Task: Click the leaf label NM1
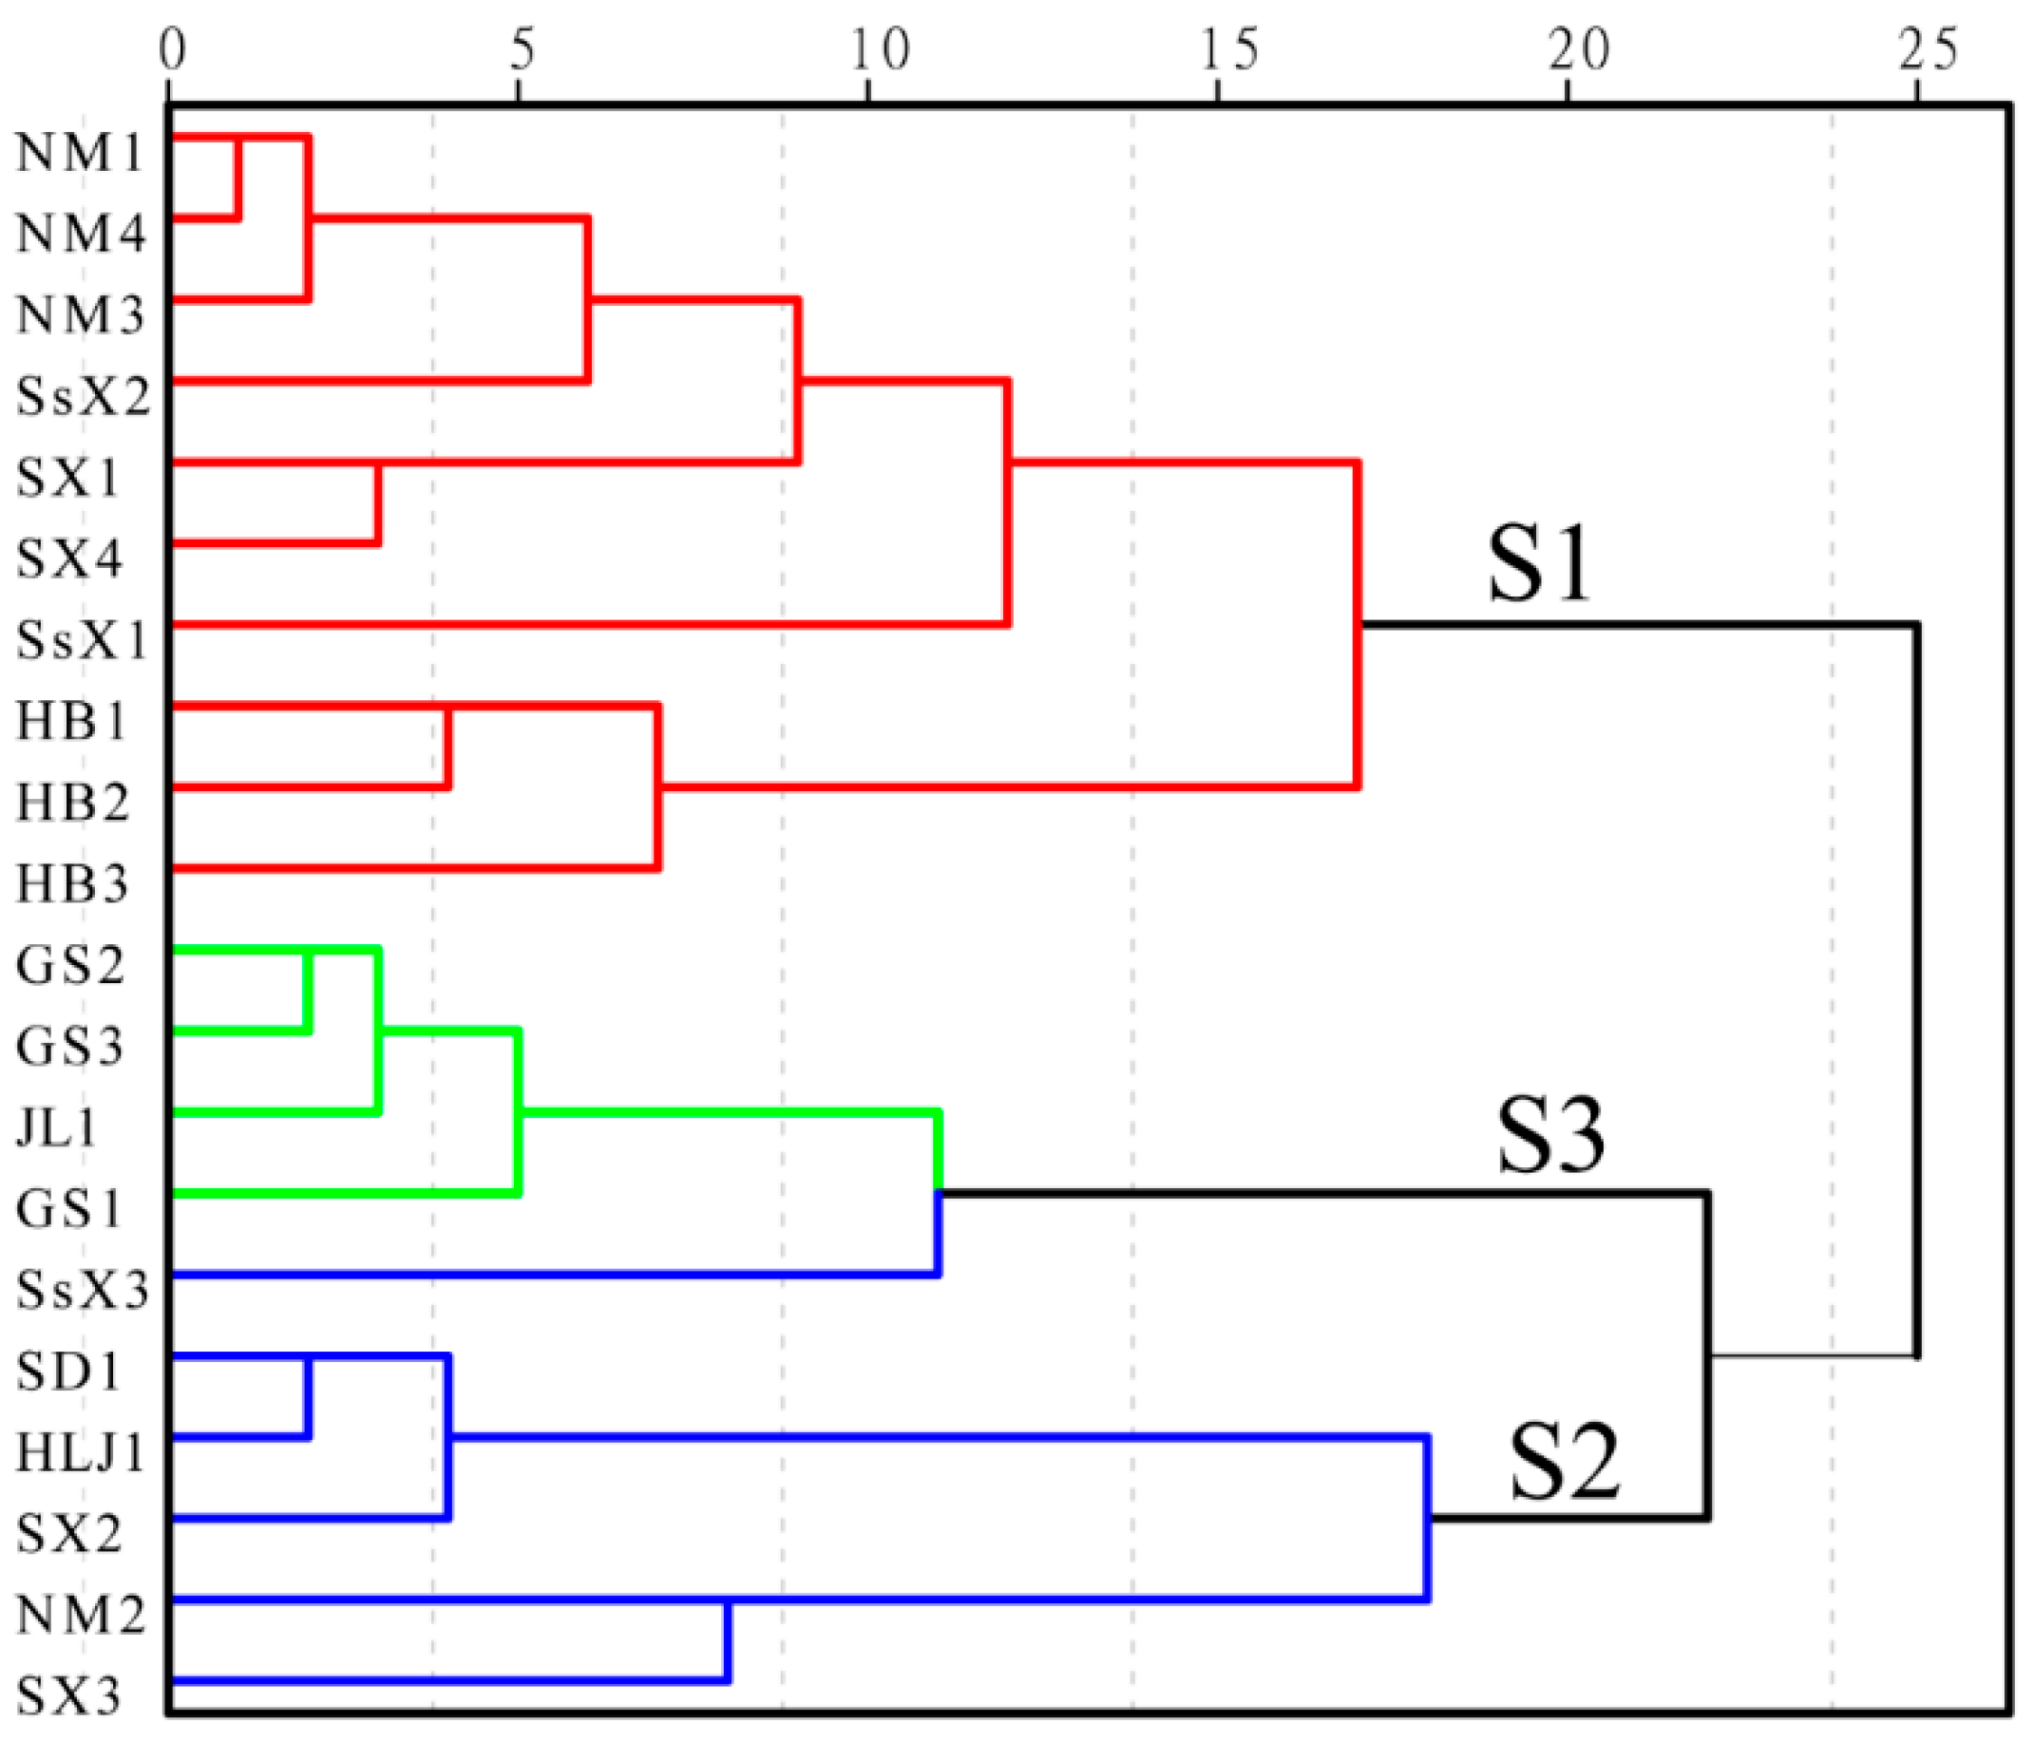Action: point(81,153)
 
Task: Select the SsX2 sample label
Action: point(84,397)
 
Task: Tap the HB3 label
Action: point(71,884)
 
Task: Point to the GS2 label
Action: point(69,966)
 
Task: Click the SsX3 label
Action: point(83,1291)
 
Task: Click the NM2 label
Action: point(81,1616)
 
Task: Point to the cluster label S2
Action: point(1563,1463)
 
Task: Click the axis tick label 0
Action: point(172,49)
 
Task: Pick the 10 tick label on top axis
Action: point(880,49)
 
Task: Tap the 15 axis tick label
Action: point(1229,49)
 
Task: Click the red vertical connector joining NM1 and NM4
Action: point(237,179)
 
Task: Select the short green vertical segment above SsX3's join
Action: point(939,1152)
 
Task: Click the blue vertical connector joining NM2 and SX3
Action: point(728,1641)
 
